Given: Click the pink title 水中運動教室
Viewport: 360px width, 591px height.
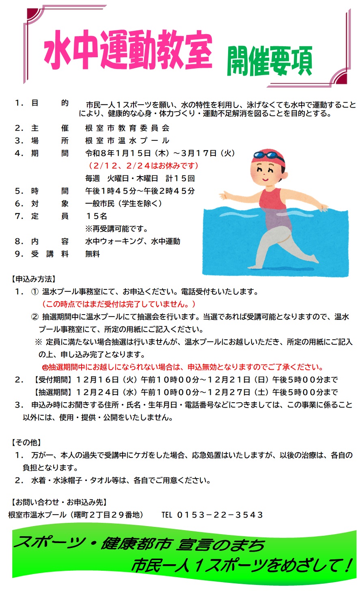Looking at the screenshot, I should pos(128,50).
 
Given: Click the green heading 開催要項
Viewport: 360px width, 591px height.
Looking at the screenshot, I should pos(269,61).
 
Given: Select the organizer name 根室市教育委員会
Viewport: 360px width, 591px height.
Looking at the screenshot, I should pos(127,128).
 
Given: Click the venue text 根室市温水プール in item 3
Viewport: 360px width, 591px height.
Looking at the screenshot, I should pos(127,141).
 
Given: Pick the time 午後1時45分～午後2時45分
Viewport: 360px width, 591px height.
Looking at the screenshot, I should pos(140,191).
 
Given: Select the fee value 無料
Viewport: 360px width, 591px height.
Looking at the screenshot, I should pos(93,254).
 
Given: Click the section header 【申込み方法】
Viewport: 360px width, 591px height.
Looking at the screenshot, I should pos(33,279).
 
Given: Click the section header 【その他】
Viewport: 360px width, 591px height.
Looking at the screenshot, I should pos(26,442).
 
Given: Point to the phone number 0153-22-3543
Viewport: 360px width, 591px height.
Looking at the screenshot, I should pos(220,515).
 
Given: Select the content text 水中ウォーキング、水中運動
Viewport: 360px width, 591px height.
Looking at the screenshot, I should pos(133,241).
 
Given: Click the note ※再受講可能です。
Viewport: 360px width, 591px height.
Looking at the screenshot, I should pos(116,229).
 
